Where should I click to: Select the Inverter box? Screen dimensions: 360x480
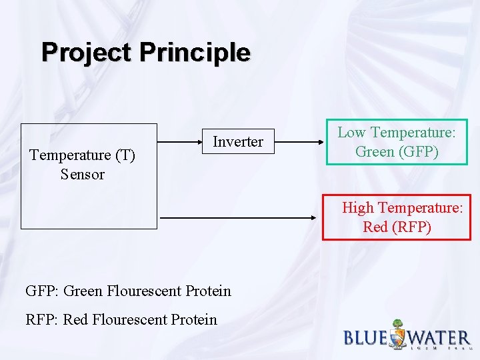point(238,141)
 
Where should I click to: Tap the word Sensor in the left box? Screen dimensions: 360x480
point(83,175)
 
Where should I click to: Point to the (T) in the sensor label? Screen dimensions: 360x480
point(125,155)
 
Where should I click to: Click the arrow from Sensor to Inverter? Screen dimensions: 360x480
point(180,141)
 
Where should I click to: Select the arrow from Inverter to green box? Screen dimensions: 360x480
point(299,141)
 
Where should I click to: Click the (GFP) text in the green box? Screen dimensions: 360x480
point(415,151)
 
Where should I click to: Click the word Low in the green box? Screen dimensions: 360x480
point(351,133)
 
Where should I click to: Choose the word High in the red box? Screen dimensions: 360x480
point(358,208)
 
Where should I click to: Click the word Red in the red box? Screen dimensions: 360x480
point(375,227)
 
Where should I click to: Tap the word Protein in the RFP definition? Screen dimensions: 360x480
point(194,320)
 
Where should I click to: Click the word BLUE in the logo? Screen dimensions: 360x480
point(365,337)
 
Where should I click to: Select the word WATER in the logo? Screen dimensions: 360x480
point(441,337)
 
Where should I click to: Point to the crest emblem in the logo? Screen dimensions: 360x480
point(397,334)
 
